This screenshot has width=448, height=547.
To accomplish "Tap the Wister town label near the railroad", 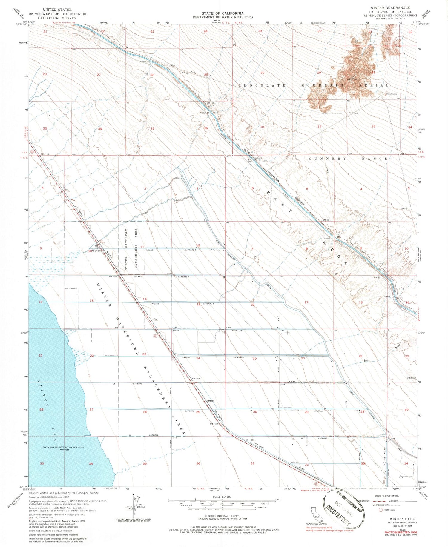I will (96, 251).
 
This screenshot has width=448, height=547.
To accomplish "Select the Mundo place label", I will (211, 400).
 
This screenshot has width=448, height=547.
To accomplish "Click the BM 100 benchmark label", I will (210, 103).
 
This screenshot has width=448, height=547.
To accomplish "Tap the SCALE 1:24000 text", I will (222, 497).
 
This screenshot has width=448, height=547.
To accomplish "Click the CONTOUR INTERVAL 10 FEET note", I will (222, 516).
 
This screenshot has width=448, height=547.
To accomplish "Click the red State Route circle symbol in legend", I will (381, 510).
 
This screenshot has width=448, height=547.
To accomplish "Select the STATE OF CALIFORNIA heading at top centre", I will (223, 13).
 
